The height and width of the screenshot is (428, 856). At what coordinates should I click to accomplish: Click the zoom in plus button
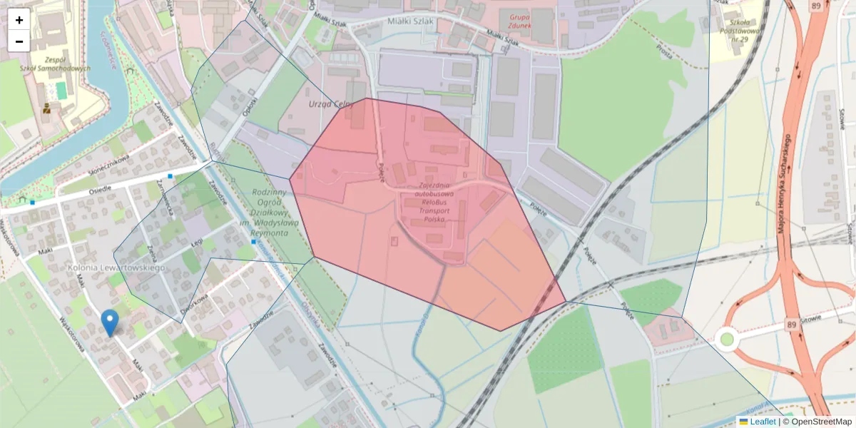[19, 20]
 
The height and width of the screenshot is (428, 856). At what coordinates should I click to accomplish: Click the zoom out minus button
[19, 41]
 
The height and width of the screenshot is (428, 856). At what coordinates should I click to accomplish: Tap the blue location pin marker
[109, 322]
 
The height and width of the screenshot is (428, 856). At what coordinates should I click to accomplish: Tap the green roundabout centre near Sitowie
[727, 339]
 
